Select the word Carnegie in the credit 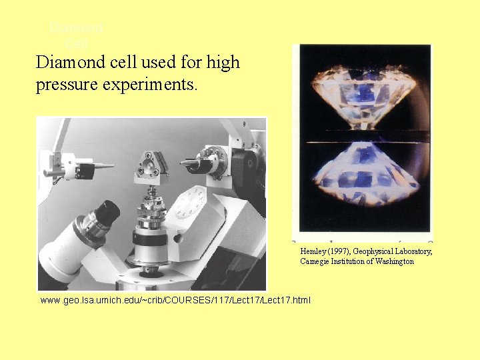pos(315,261)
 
